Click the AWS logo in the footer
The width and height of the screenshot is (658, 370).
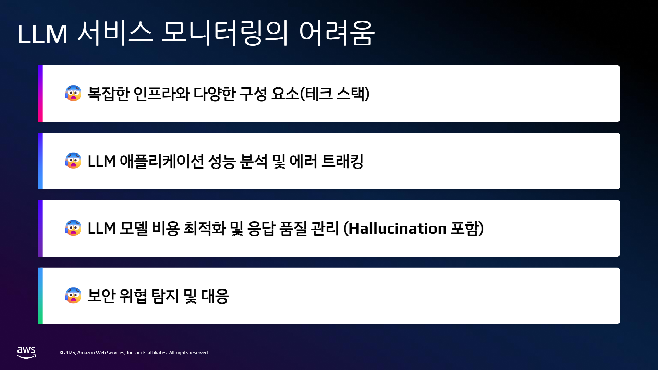pos(26,353)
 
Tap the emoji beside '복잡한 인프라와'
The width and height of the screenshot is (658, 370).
pos(73,93)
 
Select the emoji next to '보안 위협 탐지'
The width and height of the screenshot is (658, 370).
pos(73,295)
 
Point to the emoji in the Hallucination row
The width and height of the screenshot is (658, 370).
pos(73,228)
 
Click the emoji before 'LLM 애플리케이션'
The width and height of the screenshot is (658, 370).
pos(73,161)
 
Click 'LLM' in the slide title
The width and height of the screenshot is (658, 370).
pos(42,34)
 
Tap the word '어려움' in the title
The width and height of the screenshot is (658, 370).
pos(337,33)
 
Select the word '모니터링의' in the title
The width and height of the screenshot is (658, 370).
pos(225,33)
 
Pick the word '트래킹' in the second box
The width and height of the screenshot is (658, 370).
pos(342,161)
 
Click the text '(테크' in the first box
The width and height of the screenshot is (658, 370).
pos(316,94)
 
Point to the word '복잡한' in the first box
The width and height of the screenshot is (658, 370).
pos(108,94)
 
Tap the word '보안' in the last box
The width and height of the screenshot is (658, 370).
pos(101,296)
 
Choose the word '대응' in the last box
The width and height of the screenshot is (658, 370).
pos(215,296)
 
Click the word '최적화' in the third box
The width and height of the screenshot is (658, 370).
pos(205,229)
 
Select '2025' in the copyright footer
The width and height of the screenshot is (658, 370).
pos(70,353)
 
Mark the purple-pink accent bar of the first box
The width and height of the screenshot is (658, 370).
pos(40,94)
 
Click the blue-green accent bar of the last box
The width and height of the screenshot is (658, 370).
pos(40,296)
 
